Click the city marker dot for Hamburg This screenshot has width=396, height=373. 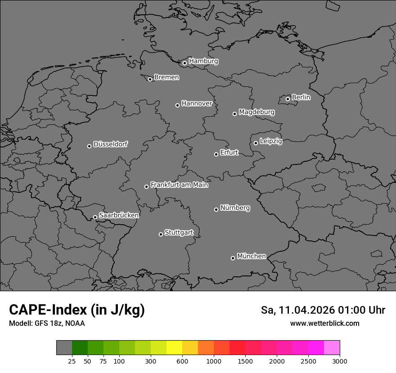184,63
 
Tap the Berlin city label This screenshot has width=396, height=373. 301,97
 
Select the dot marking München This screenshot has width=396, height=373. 233,258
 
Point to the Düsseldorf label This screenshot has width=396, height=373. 110,144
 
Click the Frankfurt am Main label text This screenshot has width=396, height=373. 179,185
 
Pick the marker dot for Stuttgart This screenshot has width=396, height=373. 161,234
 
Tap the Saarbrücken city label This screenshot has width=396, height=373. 119,215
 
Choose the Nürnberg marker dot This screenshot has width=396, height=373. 216,209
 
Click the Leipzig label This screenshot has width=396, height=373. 271,141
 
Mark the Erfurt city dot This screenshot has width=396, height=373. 216,154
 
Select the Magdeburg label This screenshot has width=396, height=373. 256,112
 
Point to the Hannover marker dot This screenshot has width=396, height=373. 177,105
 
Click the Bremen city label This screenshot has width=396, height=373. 166,77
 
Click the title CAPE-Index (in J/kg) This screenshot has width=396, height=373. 77,310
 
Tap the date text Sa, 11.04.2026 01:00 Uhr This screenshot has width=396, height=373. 323,310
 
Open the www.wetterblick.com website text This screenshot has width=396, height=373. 325,323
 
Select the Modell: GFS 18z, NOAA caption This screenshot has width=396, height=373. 47,323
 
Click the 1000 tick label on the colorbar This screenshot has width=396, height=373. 214,361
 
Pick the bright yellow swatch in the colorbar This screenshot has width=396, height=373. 174,348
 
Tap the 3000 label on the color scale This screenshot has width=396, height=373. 340,361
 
